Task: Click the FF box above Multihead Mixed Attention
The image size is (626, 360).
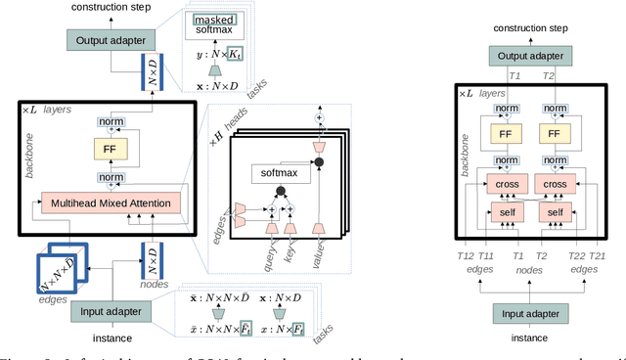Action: [110, 148]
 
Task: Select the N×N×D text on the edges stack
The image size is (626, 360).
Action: [61, 270]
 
